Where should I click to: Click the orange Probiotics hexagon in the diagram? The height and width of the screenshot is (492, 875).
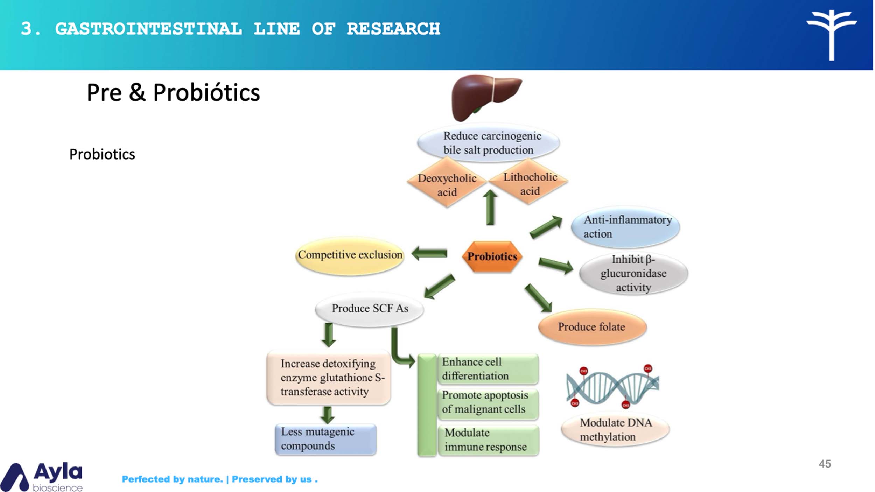(492, 256)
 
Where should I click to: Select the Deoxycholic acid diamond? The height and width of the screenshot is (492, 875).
(447, 183)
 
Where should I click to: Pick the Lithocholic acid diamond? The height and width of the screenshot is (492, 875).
(529, 182)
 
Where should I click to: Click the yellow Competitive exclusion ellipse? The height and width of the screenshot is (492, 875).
(350, 255)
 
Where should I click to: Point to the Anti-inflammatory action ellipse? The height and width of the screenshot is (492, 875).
(625, 227)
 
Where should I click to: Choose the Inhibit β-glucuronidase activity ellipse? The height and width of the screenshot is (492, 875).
(633, 273)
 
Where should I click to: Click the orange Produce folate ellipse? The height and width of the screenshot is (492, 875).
(592, 327)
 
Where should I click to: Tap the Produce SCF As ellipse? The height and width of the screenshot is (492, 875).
(370, 309)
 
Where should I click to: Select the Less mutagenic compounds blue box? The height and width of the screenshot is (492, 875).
(325, 439)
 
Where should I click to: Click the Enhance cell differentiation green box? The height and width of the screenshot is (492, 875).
(488, 369)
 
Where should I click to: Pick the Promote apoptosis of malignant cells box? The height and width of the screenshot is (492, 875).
(488, 402)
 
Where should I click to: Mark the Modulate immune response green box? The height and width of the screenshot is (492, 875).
(489, 440)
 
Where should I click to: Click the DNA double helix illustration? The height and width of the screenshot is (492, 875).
(612, 387)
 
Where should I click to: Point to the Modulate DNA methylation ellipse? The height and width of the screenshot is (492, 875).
(615, 430)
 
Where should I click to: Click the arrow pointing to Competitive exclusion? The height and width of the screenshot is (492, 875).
(429, 253)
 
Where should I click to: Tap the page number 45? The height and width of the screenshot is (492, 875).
(825, 464)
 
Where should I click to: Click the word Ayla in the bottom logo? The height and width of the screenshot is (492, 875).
(58, 472)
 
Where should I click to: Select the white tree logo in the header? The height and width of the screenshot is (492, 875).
(832, 34)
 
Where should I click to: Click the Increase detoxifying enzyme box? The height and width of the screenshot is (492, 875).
(329, 378)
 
